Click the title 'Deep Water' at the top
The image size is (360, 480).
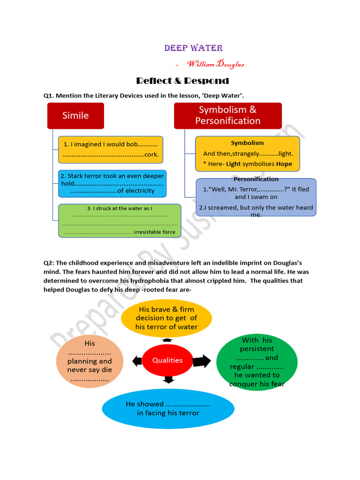193,48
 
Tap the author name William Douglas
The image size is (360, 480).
215,64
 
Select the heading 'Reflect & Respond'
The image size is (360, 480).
182,81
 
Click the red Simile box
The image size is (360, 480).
75,115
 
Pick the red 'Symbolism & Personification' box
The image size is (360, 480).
228,115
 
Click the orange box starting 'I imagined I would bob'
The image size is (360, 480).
111,150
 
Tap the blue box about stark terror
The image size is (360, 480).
112,183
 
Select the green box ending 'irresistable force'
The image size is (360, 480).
120,220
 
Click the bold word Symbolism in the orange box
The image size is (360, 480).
247,143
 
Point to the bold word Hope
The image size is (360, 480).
284,164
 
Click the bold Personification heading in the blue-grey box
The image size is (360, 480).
256,179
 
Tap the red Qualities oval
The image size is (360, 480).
167,360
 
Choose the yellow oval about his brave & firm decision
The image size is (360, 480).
166,318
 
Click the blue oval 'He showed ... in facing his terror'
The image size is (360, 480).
168,408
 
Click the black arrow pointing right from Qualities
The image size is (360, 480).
202,361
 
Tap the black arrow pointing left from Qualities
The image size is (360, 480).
137,361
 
